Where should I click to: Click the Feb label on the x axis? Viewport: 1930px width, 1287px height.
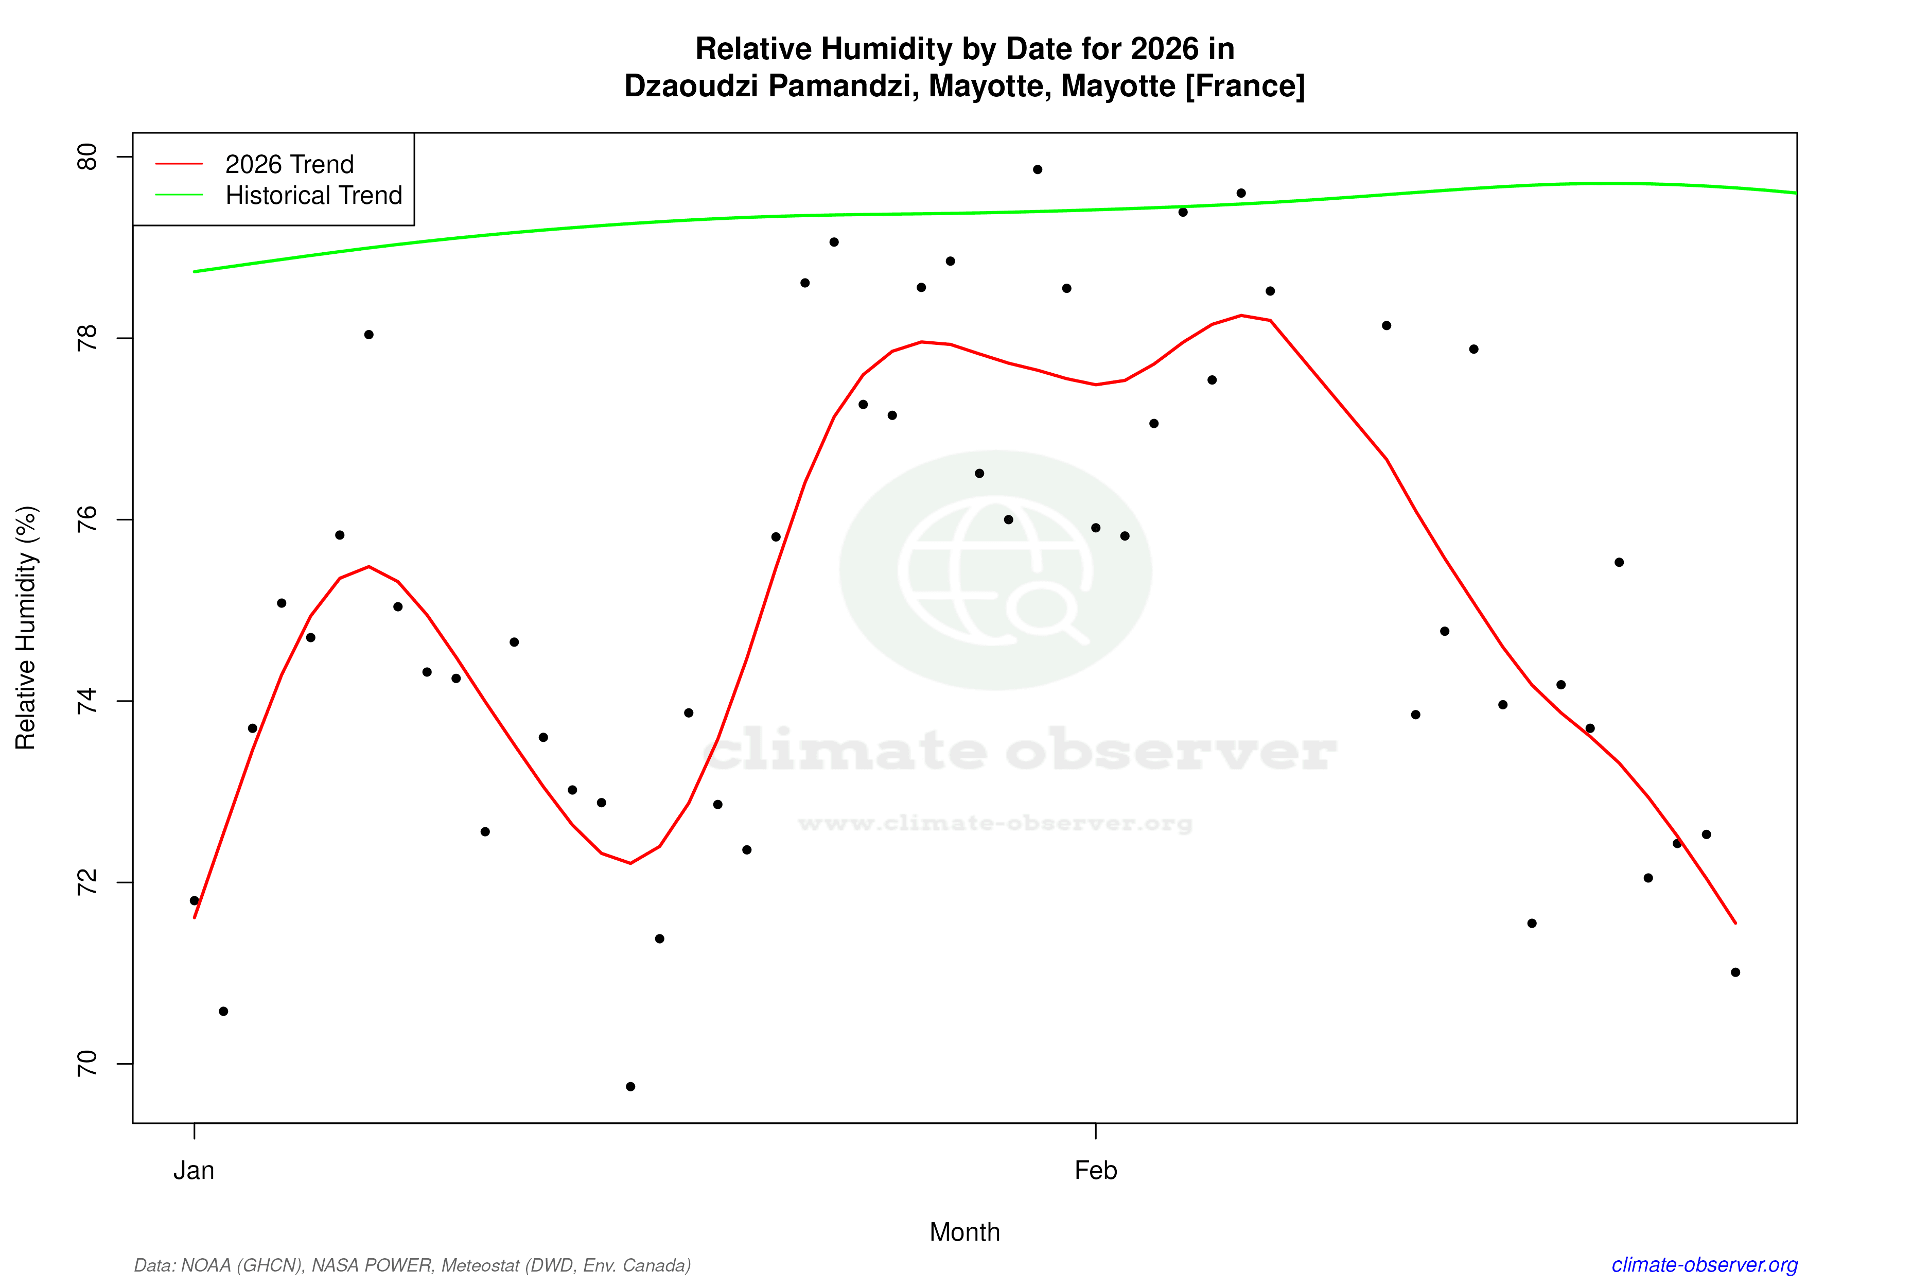pyautogui.click(x=1096, y=1171)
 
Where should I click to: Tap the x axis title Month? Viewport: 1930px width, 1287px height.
pyautogui.click(x=964, y=1232)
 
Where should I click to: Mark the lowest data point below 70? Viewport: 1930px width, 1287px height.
pyautogui.click(x=630, y=1087)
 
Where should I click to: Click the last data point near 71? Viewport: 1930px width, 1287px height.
pyautogui.click(x=1735, y=972)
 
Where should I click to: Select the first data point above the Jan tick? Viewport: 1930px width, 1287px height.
pyautogui.click(x=195, y=900)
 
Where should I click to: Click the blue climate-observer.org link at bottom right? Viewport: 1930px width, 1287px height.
pyautogui.click(x=1705, y=1265)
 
